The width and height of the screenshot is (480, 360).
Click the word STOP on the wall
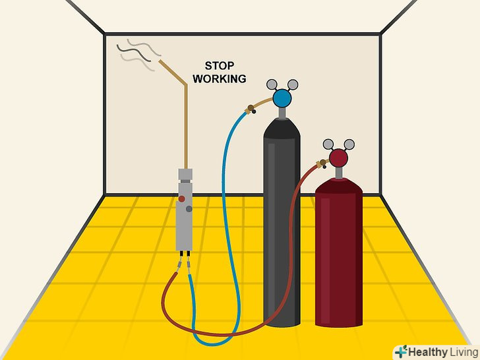click(x=220, y=67)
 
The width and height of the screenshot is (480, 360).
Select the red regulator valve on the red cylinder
click(x=339, y=158)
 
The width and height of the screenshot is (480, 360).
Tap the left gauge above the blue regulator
click(x=272, y=84)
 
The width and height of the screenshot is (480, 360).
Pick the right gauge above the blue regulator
click(x=293, y=84)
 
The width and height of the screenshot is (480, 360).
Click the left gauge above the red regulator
click(x=329, y=143)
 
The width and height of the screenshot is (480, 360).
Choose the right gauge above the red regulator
click(x=349, y=143)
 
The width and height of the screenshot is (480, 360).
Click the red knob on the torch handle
click(x=181, y=198)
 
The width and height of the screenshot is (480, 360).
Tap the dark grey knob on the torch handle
click(x=189, y=208)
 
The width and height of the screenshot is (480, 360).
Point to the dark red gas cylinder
click(x=339, y=257)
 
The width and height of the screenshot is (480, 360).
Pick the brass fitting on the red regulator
click(x=323, y=163)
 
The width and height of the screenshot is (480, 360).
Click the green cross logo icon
click(x=402, y=351)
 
